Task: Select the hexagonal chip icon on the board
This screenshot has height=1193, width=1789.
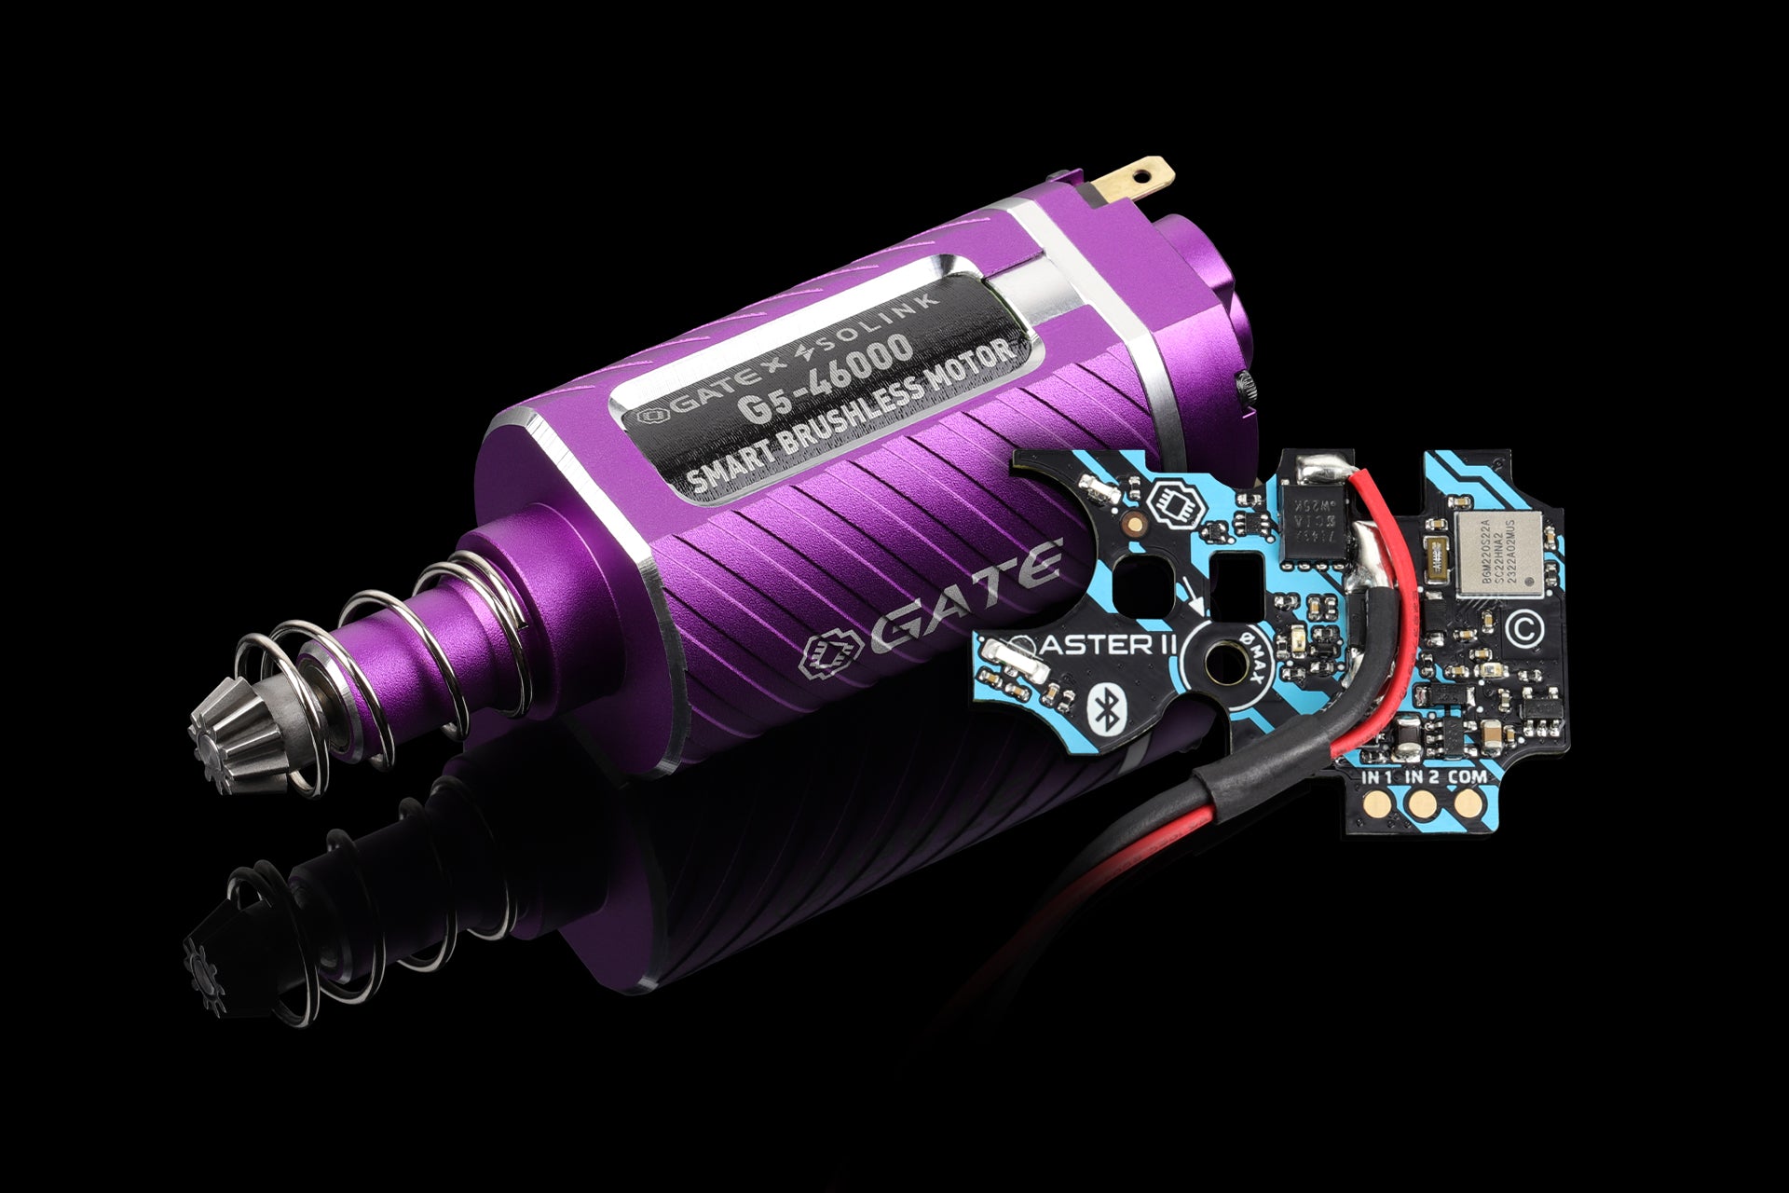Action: [x=1174, y=505]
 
